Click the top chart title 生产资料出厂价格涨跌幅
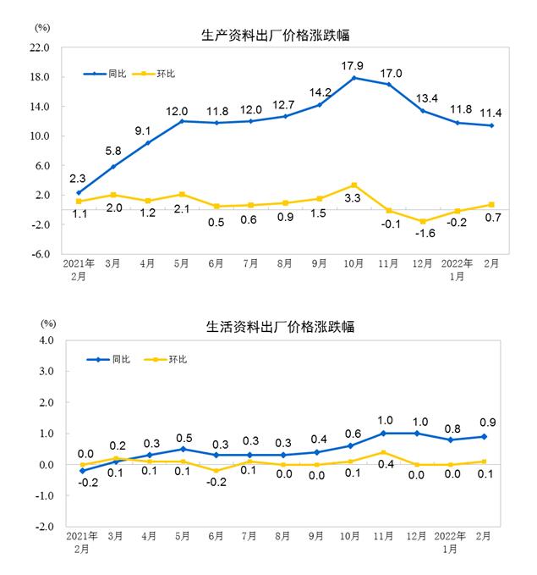[x=276, y=36]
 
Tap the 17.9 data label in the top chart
[x=353, y=65]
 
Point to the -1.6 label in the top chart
[x=422, y=235]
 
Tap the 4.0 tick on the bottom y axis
[x=47, y=340]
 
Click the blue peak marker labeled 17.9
[x=353, y=78]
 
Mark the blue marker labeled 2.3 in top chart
[x=78, y=193]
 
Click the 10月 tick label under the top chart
[x=353, y=263]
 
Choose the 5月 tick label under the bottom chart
[x=181, y=536]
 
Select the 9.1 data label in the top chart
[x=143, y=130]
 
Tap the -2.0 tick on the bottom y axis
[x=45, y=527]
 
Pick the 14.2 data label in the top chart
[x=320, y=92]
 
